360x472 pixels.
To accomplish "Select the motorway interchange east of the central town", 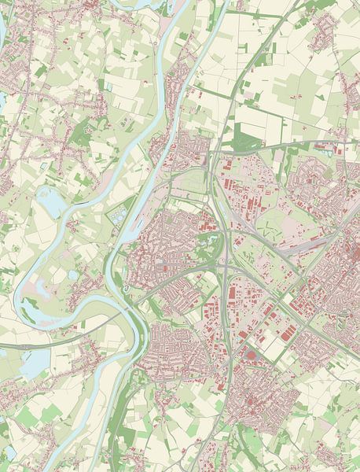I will click(225, 271).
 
